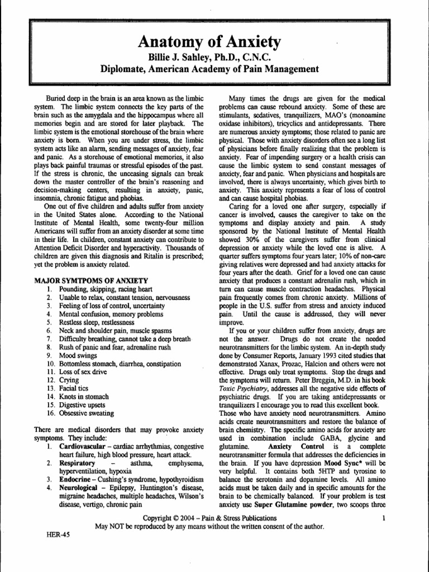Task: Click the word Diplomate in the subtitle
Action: tap(122, 69)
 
